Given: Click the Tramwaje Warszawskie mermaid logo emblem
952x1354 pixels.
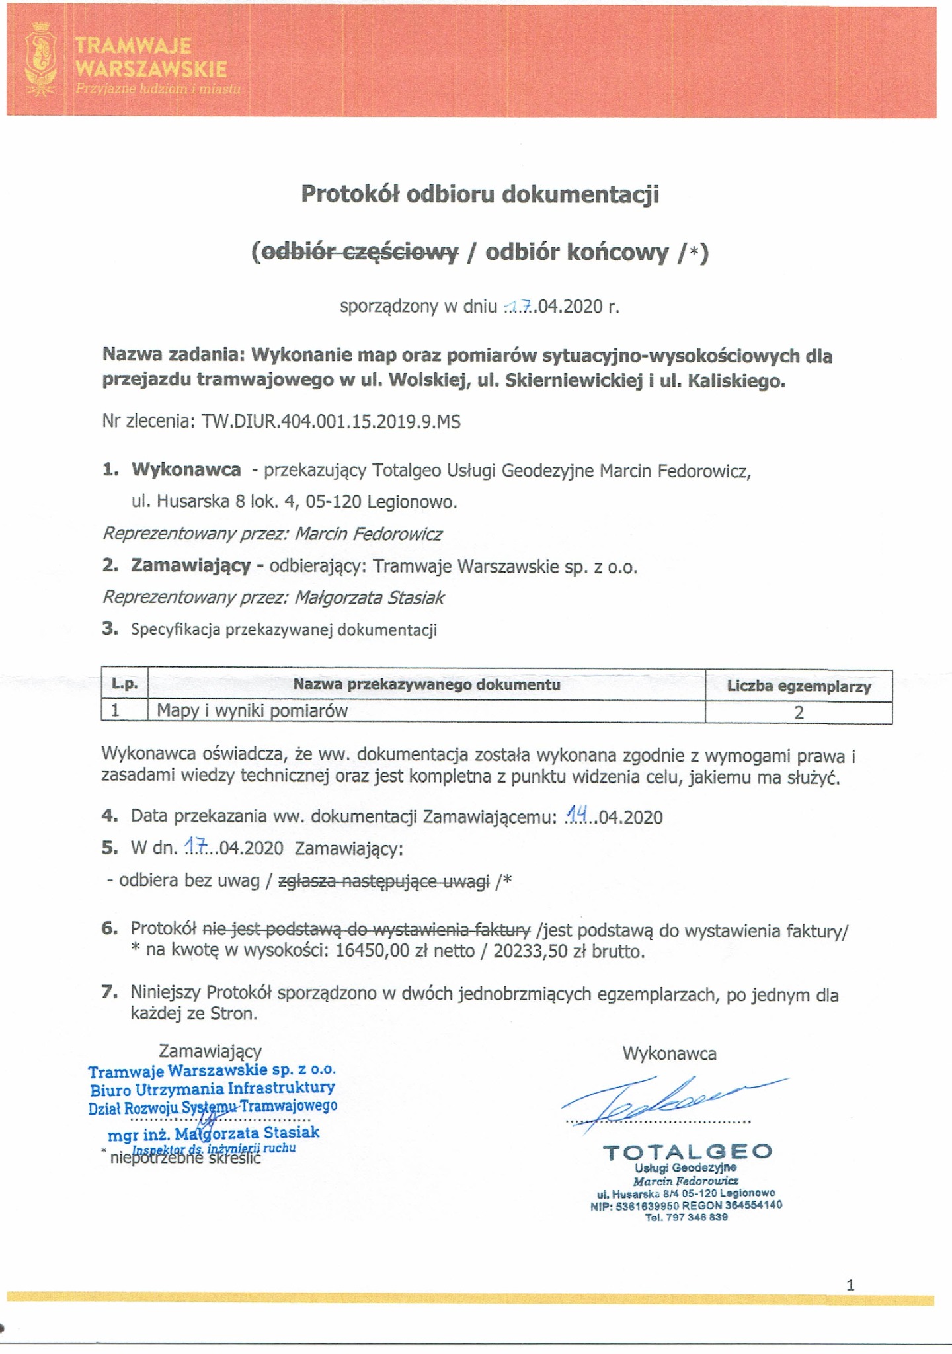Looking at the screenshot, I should click(x=40, y=58).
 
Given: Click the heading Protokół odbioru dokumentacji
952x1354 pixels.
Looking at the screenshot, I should click(x=480, y=194).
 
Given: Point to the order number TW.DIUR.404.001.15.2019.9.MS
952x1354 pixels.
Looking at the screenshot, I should click(x=331, y=422).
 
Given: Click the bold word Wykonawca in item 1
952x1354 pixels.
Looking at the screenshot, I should click(x=186, y=470).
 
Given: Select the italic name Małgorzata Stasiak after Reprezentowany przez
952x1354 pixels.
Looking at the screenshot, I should click(x=369, y=598).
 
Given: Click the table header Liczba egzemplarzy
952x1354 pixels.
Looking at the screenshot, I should click(x=799, y=686).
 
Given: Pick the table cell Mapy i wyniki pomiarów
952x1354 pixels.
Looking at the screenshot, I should click(x=252, y=711).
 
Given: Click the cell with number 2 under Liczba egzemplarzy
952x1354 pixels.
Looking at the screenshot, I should click(x=799, y=713).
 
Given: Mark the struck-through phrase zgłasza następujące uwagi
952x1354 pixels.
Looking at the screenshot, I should click(x=384, y=881).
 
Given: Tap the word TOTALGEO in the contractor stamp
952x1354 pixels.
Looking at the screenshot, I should click(x=688, y=1152).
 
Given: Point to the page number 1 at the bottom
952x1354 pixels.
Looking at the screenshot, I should click(x=850, y=1285).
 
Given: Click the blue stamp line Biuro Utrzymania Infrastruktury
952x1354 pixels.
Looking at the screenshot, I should click(x=212, y=1088).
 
